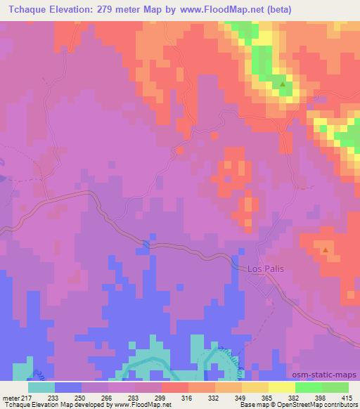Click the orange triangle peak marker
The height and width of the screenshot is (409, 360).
(325, 250)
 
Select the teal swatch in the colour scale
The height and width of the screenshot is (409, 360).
(41, 387)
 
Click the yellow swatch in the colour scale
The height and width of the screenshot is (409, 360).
(281, 387)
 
